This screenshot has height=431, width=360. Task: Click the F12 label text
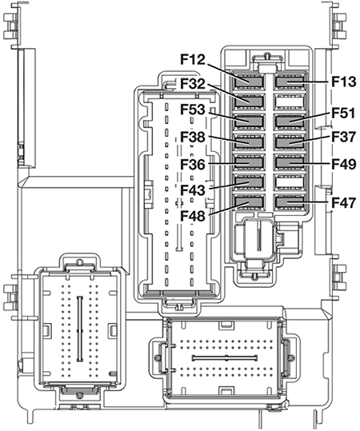[x=193, y=59]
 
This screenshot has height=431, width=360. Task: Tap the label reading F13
[x=344, y=82]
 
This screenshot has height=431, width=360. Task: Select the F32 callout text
[x=193, y=84]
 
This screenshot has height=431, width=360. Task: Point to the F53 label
[x=193, y=110]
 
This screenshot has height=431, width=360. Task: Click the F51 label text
[x=343, y=113]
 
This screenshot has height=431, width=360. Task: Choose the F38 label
[x=193, y=137]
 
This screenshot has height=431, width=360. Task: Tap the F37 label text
[x=344, y=137]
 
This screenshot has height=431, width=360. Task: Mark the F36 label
[x=193, y=165]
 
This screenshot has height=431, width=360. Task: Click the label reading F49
[x=344, y=165]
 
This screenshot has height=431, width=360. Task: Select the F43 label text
[x=193, y=190]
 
